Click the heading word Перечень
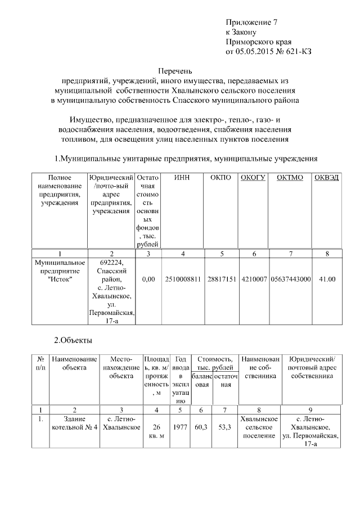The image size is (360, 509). (x=175, y=71)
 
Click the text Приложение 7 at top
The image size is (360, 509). (x=251, y=22)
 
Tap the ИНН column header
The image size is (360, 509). (x=182, y=178)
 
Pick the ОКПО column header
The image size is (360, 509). (x=222, y=178)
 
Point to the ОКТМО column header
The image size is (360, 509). (x=290, y=178)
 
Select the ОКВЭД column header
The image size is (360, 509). (x=327, y=178)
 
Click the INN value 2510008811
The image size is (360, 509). (x=183, y=279)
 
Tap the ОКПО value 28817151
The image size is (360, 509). (x=222, y=279)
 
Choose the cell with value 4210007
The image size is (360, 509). (x=254, y=279)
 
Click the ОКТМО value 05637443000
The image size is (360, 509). (x=290, y=279)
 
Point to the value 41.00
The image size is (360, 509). (x=327, y=279)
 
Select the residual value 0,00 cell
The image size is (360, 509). (x=148, y=279)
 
